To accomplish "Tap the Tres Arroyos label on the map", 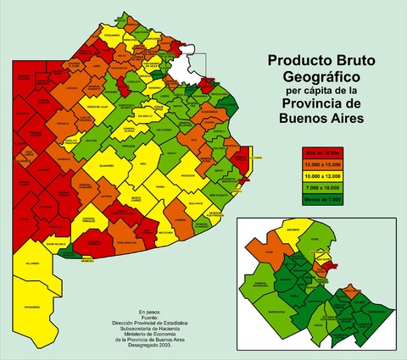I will (125, 242).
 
